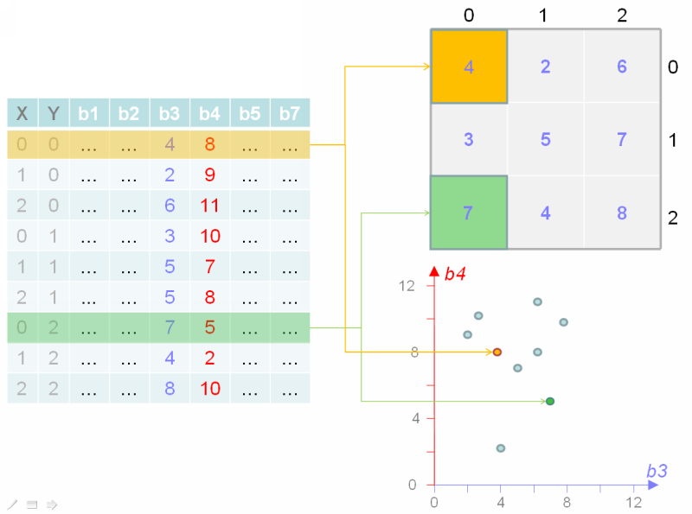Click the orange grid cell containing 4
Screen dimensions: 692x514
click(x=469, y=67)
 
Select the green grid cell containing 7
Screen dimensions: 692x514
click(x=469, y=213)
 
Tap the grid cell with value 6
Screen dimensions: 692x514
click(x=622, y=67)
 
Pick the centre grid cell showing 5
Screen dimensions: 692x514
click(x=546, y=139)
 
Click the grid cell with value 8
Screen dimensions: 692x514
click(x=622, y=213)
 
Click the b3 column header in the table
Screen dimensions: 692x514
click(x=170, y=113)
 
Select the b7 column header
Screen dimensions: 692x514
click(x=290, y=113)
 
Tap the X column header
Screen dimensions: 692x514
click(x=22, y=113)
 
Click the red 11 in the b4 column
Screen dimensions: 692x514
click(x=209, y=206)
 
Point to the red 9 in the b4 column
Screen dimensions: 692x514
click(x=209, y=175)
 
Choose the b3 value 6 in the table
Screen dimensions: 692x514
click(x=170, y=206)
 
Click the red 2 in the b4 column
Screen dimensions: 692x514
click(x=209, y=358)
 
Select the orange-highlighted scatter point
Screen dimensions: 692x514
click(x=497, y=352)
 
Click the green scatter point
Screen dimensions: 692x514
click(x=550, y=401)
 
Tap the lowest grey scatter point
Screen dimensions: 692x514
click(x=501, y=447)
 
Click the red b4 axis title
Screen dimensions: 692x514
click(x=455, y=274)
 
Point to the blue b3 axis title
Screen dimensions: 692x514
click(x=657, y=471)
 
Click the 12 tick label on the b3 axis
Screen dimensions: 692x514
click(x=634, y=502)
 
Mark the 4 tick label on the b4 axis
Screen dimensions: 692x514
click(x=416, y=418)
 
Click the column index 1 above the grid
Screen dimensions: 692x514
click(x=543, y=16)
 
